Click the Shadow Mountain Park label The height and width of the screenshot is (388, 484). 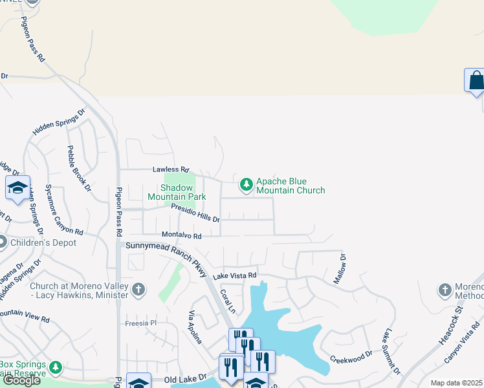(177, 192)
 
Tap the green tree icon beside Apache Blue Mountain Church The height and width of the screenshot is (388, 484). (246, 186)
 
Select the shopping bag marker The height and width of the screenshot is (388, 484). (476, 81)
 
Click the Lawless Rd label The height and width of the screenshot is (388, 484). (170, 169)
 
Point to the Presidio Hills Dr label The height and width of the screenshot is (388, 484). (195, 213)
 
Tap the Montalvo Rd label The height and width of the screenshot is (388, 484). (182, 236)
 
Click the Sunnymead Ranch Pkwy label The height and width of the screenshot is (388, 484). (167, 255)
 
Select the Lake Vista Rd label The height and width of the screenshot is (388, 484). (237, 275)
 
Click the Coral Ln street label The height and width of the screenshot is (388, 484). (226, 298)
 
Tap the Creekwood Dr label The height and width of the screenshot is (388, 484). (351, 356)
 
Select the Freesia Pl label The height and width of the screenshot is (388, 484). (141, 323)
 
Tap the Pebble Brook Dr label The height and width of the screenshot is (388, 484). (79, 168)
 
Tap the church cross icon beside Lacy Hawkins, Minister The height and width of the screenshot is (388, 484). (138, 290)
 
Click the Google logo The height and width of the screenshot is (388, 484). (21, 380)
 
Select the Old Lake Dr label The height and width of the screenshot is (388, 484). (184, 378)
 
